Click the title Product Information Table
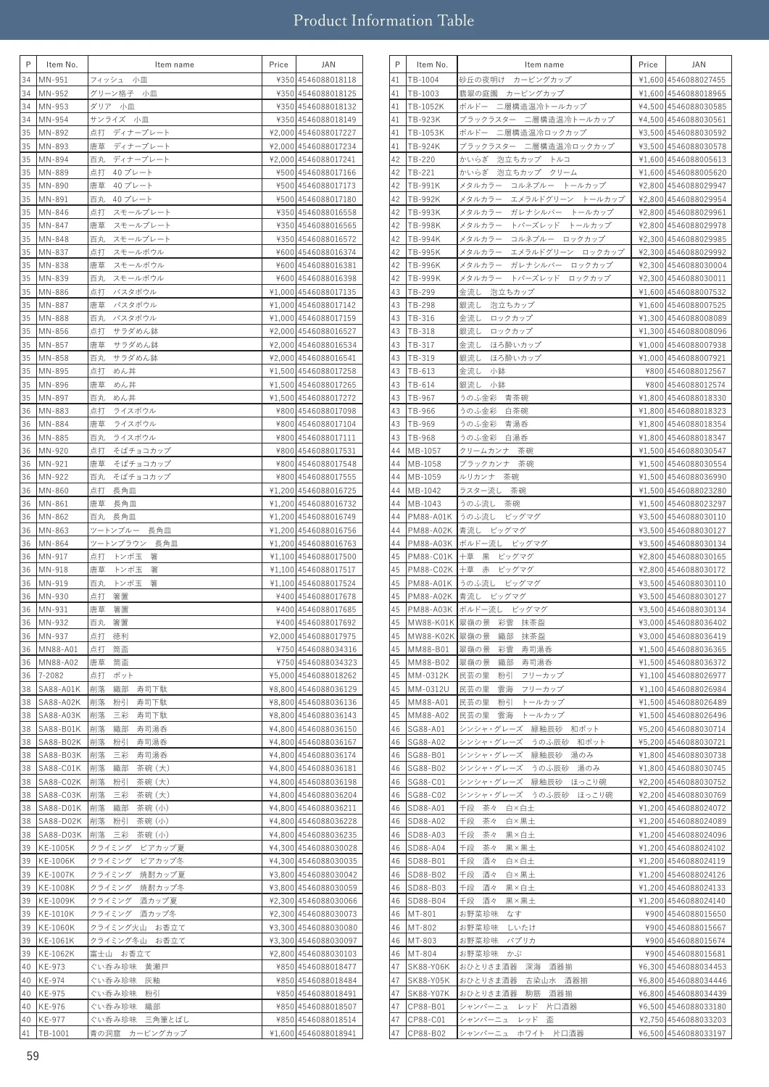coord(383,20)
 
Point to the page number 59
coord(33,1056)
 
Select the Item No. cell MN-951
coord(54,80)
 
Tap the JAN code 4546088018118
coord(328,80)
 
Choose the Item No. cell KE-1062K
coord(57,954)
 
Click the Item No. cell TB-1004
coord(423,80)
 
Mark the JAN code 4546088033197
coord(697,1033)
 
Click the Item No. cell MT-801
coord(422,914)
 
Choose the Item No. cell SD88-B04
coord(426,901)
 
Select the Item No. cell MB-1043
coord(424,504)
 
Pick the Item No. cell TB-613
coord(421,371)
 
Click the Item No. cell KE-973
coord(51,967)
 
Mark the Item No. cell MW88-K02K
coord(431,636)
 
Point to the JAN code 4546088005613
coord(697,159)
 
